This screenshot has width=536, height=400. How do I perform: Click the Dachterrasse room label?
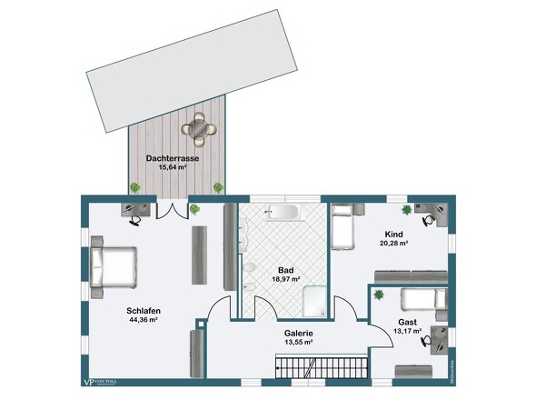coord(173,158)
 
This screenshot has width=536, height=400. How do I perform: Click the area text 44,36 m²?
coord(143,320)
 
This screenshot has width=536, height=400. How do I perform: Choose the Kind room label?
coord(393,234)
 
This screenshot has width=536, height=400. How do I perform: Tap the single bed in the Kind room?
coord(342,227)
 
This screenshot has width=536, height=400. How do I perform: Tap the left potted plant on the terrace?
coord(135,187)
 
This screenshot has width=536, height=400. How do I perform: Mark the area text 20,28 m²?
coord(393,244)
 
